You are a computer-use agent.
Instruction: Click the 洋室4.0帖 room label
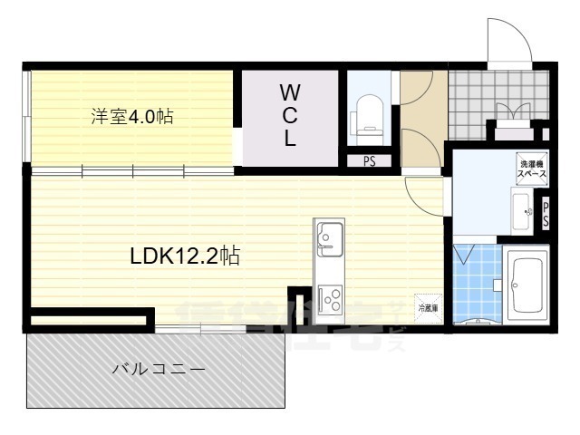132,116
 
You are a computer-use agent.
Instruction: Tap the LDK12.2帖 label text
185,256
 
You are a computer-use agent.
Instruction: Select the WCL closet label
289,116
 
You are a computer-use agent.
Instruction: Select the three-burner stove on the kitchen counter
327,297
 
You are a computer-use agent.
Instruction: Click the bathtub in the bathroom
525,285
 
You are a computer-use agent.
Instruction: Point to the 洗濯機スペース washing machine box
531,166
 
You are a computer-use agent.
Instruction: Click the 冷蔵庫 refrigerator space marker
427,306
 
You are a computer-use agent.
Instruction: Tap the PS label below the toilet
369,162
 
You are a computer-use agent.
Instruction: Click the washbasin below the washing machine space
524,214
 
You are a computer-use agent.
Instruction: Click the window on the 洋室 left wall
27,118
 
